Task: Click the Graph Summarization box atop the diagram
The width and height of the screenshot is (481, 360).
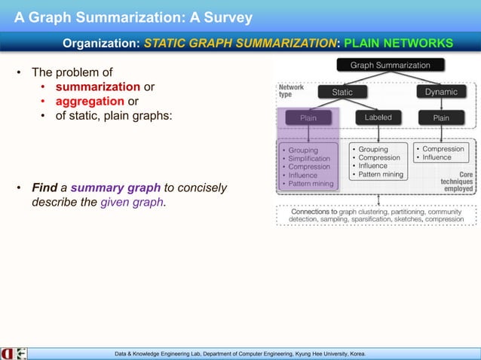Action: click(390, 66)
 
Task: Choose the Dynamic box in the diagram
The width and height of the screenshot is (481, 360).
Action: click(441, 92)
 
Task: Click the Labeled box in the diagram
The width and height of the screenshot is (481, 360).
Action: click(378, 118)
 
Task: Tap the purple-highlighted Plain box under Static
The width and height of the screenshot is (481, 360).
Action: click(308, 118)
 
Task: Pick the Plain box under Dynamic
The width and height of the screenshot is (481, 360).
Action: click(441, 118)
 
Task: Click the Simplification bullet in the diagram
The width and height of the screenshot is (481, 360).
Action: click(308, 159)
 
